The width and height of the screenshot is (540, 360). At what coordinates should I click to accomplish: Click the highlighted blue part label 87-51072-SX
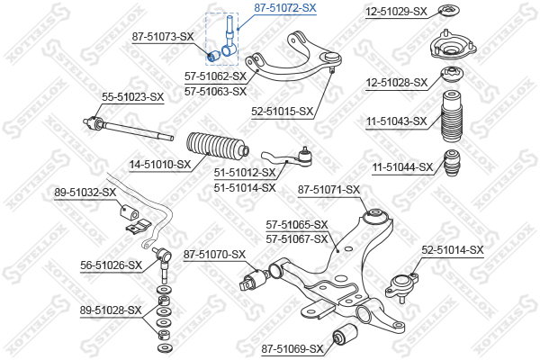tap(284, 7)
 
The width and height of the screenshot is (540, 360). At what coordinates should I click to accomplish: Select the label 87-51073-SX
tap(163, 37)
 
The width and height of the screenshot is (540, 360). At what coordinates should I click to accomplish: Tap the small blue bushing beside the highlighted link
tap(214, 56)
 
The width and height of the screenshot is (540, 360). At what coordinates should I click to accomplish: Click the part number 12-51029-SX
tap(396, 12)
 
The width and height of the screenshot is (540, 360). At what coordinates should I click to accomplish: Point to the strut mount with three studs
tap(453, 48)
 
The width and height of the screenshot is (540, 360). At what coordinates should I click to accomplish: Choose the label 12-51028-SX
tap(396, 83)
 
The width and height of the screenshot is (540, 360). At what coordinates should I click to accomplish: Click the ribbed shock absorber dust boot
tap(452, 116)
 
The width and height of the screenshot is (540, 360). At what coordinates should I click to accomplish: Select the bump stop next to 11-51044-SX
tap(452, 163)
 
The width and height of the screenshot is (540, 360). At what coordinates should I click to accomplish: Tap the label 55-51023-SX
tap(132, 97)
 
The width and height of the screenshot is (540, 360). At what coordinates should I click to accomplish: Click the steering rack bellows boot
tap(217, 148)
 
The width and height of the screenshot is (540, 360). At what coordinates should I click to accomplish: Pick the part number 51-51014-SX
tap(245, 188)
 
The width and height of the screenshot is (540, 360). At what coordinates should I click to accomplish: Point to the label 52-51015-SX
tap(282, 112)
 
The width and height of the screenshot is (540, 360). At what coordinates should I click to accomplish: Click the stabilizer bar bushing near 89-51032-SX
tap(129, 211)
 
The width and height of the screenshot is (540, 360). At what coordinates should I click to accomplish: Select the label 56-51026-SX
tap(112, 265)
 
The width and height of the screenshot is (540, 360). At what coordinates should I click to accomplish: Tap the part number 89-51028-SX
tap(111, 310)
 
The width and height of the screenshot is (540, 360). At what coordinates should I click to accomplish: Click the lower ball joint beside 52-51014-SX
tap(401, 286)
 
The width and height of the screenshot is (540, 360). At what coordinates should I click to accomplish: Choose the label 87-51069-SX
tap(292, 349)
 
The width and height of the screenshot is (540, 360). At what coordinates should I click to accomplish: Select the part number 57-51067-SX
tap(296, 238)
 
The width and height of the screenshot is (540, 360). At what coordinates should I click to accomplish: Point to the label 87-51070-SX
tap(214, 255)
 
